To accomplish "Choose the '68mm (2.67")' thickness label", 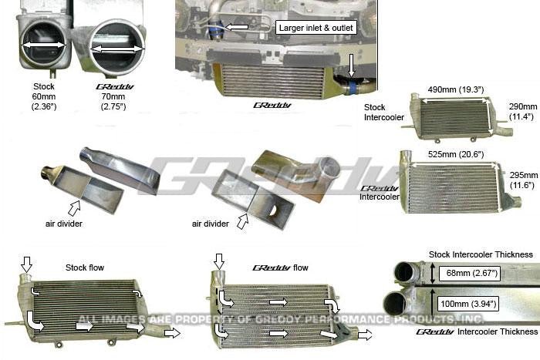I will point(468,272).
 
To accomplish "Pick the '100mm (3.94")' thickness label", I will point(470,304).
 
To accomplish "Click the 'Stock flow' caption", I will point(86,267).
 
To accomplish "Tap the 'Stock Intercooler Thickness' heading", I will point(481,254).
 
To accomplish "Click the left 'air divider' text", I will point(64,224).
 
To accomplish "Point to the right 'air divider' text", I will point(211,224).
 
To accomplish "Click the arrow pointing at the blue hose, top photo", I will point(237,28).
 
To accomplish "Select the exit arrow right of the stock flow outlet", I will point(173,332).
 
